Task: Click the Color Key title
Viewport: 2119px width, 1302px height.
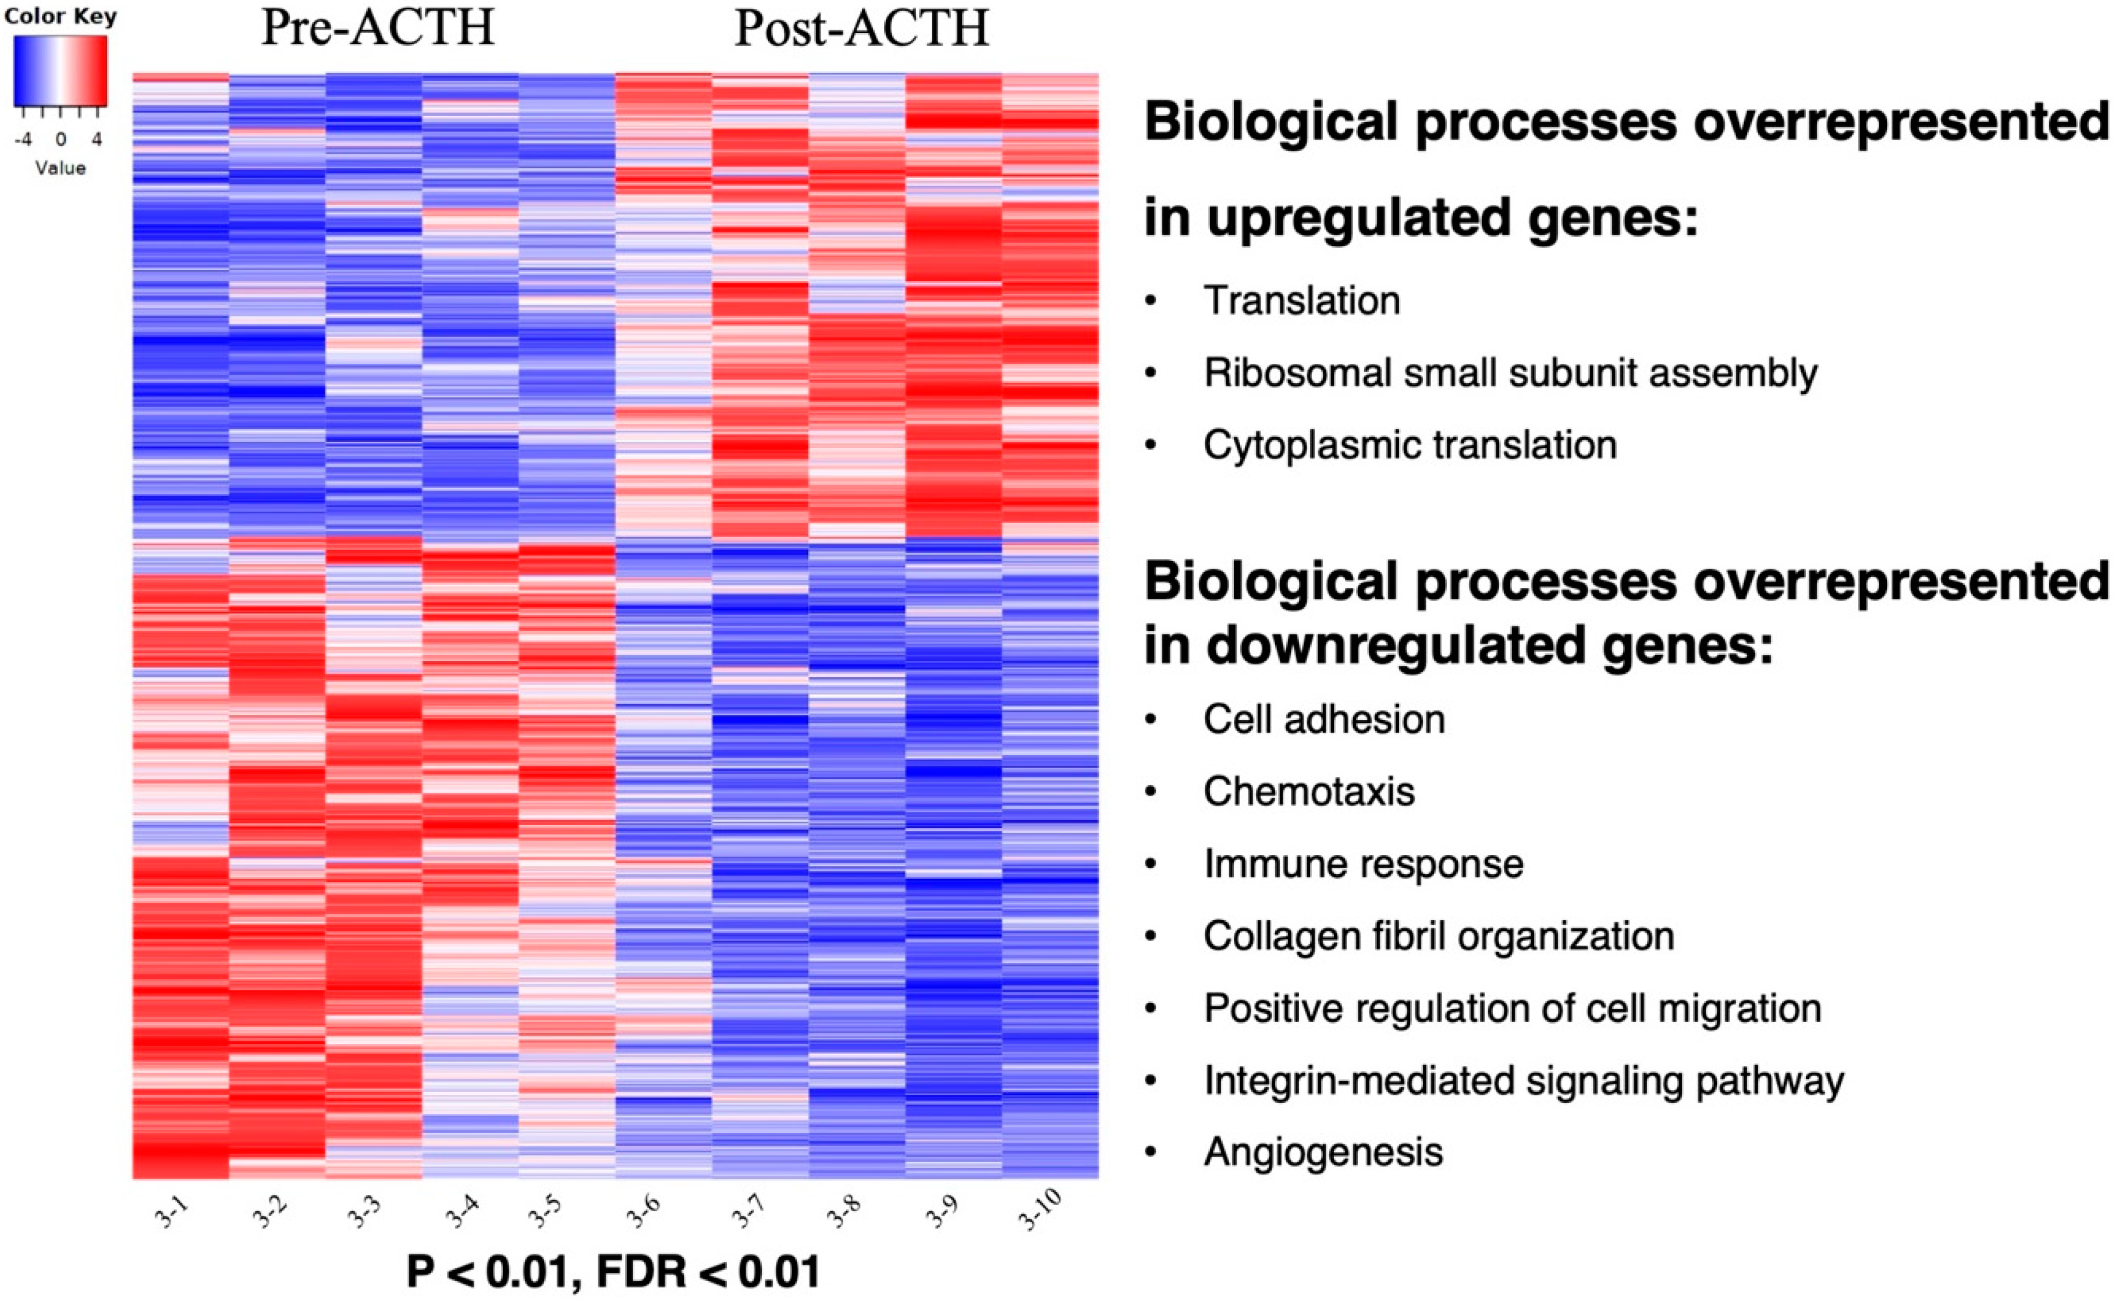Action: (x=61, y=16)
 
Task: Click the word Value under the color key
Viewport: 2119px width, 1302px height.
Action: (x=61, y=168)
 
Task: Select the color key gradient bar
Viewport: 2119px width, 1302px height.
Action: (x=61, y=73)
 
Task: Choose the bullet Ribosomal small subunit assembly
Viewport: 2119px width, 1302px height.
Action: (x=1510, y=373)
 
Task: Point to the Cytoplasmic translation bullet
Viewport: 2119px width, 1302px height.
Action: (x=1410, y=445)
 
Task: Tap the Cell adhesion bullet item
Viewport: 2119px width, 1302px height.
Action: (x=1323, y=719)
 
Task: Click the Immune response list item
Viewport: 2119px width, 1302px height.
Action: (x=1363, y=864)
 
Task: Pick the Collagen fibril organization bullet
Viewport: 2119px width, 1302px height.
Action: (x=1439, y=936)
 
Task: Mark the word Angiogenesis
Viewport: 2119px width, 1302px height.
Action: (x=1322, y=1152)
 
